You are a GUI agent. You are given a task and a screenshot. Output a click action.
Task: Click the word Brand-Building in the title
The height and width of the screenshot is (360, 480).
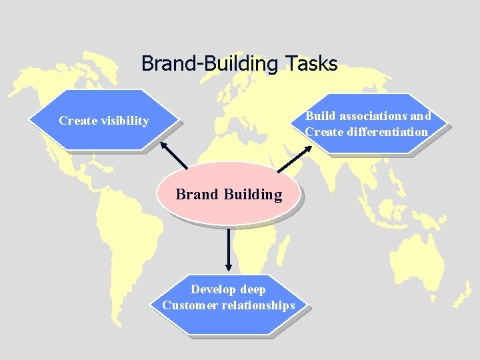pos(211,64)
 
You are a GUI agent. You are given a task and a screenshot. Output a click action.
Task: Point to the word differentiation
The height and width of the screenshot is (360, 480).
pos(387,132)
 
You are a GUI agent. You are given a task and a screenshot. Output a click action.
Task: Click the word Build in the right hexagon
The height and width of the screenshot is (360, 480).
pos(319,116)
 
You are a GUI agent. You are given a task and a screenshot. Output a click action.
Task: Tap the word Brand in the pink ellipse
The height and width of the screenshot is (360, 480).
pos(197,195)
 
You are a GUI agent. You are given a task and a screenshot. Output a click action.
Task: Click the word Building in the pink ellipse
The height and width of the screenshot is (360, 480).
pos(253,195)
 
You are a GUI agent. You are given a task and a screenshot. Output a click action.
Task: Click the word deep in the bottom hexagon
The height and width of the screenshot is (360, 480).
pos(253,289)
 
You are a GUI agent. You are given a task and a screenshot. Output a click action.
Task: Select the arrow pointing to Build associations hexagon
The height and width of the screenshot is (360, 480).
pos(293,160)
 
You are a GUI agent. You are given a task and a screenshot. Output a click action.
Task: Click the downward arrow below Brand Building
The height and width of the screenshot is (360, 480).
pos(229,249)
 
